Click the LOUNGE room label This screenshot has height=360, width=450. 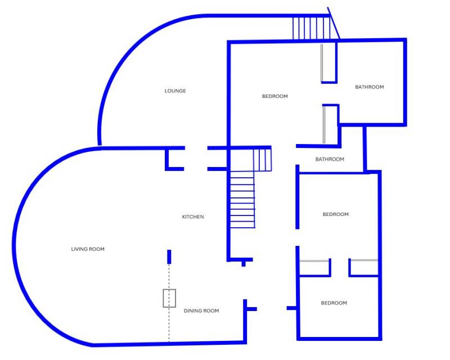click(175, 91)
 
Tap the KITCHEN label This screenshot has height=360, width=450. click(193, 217)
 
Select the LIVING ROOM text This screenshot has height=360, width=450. click(88, 249)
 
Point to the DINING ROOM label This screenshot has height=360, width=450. click(201, 311)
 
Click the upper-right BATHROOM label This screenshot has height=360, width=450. click(369, 87)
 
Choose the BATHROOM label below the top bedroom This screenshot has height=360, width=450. click(329, 159)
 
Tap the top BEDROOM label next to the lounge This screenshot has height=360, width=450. click(274, 96)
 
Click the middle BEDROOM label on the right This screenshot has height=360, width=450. click(335, 214)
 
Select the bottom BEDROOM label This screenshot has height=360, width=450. click(334, 303)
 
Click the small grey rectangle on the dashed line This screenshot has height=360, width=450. click(169, 298)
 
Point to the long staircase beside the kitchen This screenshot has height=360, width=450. click(242, 200)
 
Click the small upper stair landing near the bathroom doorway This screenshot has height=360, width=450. click(262, 160)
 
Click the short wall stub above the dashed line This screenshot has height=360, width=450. click(169, 256)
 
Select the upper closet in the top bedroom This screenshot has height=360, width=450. click(329, 63)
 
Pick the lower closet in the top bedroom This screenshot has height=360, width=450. click(331, 124)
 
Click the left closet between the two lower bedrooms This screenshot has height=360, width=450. click(314, 268)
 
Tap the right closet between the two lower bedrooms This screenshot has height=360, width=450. click(363, 268)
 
